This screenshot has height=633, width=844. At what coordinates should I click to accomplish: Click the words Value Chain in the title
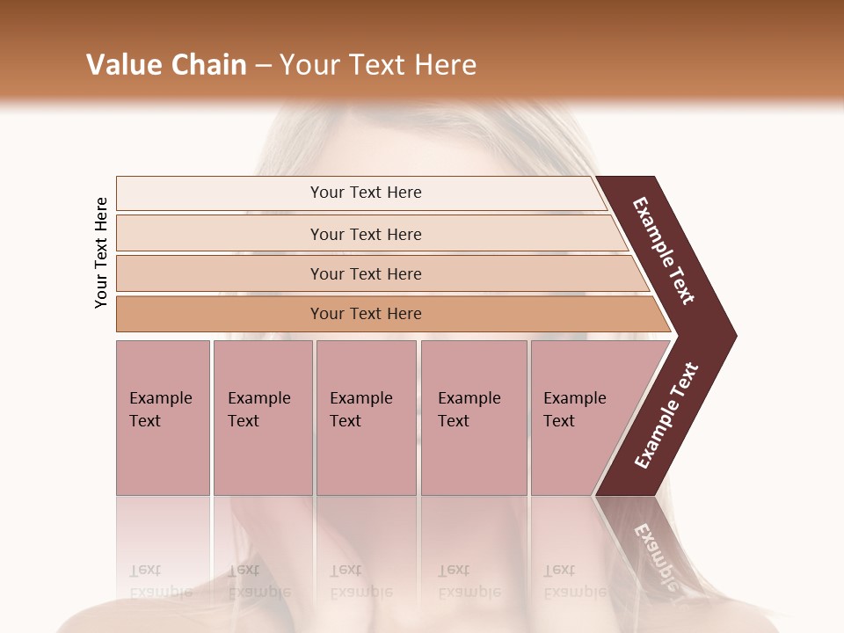(166, 65)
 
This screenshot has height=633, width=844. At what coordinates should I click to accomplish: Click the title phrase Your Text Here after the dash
(378, 65)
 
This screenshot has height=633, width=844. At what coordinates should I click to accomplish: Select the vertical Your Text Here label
(101, 252)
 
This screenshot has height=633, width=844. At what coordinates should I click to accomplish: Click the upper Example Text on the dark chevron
(664, 251)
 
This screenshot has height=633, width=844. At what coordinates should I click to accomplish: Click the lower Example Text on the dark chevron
(666, 416)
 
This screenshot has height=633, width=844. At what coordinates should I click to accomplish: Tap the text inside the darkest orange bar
(366, 314)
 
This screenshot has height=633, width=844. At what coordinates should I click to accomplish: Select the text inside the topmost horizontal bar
(366, 193)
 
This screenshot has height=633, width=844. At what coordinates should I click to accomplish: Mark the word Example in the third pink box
(360, 398)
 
